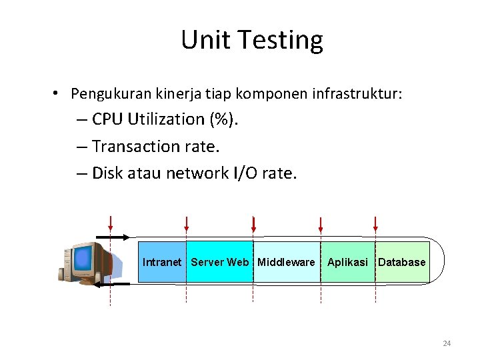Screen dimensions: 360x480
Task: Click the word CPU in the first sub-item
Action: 107,119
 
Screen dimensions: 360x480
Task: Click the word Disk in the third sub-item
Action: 107,173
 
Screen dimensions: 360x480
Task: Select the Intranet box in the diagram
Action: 161,262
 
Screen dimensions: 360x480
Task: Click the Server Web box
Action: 219,262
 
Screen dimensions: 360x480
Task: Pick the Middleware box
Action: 286,262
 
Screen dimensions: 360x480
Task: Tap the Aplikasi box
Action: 347,262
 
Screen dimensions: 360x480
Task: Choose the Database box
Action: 401,262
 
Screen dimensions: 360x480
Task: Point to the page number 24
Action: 447,343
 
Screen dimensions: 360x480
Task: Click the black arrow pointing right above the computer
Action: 113,237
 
